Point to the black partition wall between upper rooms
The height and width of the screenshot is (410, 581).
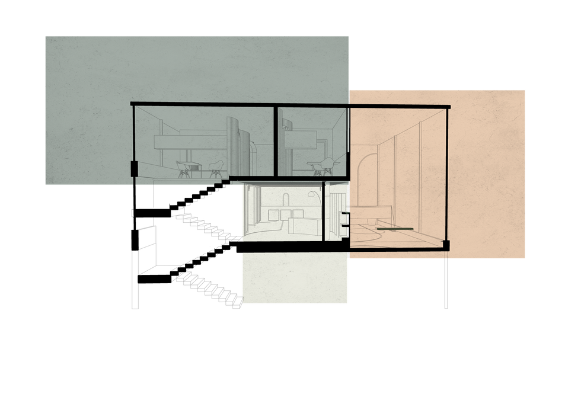275,141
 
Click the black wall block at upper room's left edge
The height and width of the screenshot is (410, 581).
134,168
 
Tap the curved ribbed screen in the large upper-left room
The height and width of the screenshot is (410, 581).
237,145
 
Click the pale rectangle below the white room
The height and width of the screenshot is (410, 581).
295,278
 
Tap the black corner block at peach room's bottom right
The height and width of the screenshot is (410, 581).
446,245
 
